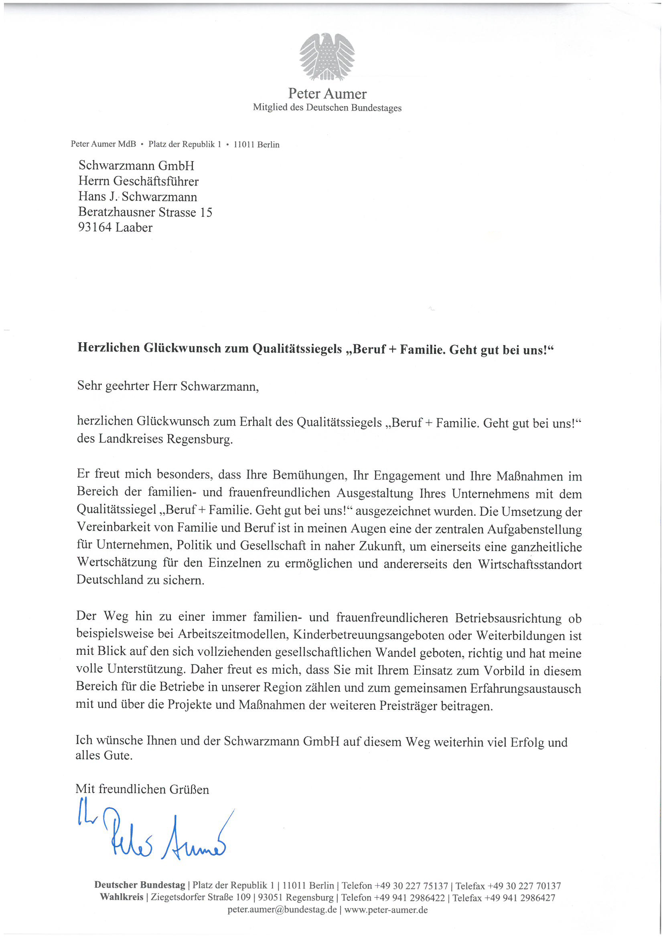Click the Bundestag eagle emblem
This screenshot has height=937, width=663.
coord(327,57)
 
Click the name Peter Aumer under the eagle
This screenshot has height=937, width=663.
coord(327,94)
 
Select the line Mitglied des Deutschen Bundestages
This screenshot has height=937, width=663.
coord(327,108)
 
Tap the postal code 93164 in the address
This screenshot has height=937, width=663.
coord(95,227)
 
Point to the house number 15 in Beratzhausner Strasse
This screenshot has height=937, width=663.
coord(206,212)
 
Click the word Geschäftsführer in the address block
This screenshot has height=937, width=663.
coord(156,181)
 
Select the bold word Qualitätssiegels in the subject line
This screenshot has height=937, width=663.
coord(297,349)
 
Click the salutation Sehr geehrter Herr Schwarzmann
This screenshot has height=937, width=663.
coord(168,386)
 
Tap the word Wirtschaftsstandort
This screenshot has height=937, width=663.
coord(530,564)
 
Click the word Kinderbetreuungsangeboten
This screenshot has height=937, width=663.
coord(368,635)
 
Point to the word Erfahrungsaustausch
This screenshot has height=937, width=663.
coord(525,689)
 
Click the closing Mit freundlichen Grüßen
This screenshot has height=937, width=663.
coord(142,789)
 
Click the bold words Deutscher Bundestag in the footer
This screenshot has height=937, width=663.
coord(140,885)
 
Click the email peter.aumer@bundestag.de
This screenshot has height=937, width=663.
coord(282,909)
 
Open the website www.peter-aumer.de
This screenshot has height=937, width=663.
coord(386,909)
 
